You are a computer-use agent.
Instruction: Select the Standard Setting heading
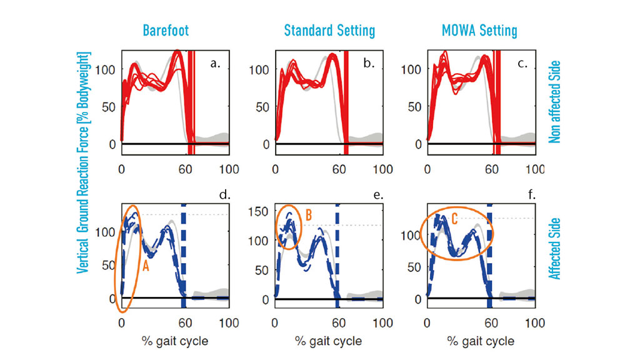[x=329, y=30]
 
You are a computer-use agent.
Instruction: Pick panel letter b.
[x=369, y=63]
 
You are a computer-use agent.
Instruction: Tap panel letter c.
[x=521, y=63]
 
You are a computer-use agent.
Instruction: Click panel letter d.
[x=224, y=196]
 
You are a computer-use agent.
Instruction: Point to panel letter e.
[x=377, y=196]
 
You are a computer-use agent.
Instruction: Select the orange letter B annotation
[x=309, y=215]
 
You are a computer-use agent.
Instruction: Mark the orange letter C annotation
[x=454, y=219]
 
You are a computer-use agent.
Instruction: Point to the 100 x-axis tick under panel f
[x=534, y=323]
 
